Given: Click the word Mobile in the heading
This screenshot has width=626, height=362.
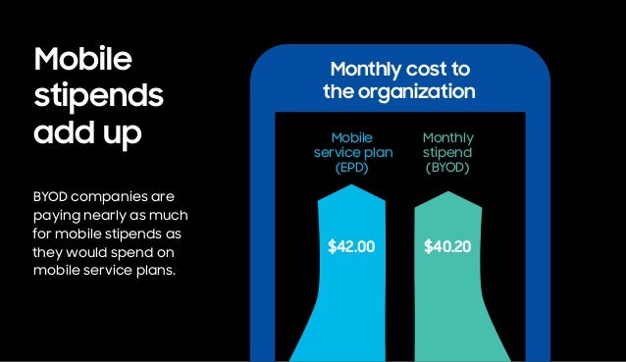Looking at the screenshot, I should click(82, 58).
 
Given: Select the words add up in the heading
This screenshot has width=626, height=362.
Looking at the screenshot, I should click(88, 132).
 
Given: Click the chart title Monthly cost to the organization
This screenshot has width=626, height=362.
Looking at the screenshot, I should click(400, 80).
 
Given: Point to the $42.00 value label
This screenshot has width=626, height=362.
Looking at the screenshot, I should click(351, 246).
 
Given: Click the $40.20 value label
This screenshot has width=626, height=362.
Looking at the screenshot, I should click(447, 246).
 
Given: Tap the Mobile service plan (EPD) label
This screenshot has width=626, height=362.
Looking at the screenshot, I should click(351, 153).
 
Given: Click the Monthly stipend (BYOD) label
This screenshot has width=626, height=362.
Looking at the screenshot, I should click(447, 153).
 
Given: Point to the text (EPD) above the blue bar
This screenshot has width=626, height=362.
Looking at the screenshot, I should click(351, 169).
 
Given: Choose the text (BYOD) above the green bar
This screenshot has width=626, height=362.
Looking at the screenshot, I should click(447, 169).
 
